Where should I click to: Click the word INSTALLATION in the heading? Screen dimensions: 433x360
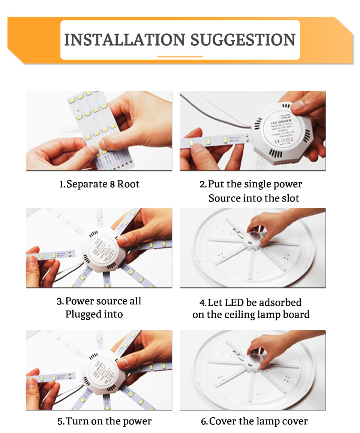click(x=124, y=40)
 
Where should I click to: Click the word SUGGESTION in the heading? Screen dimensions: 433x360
click(x=243, y=40)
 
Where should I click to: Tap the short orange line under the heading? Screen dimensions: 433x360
click(x=180, y=57)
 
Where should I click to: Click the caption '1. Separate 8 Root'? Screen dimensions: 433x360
click(x=99, y=184)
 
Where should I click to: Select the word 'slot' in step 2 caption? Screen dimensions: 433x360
click(x=291, y=198)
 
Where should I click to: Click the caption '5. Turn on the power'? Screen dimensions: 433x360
click(x=104, y=421)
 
